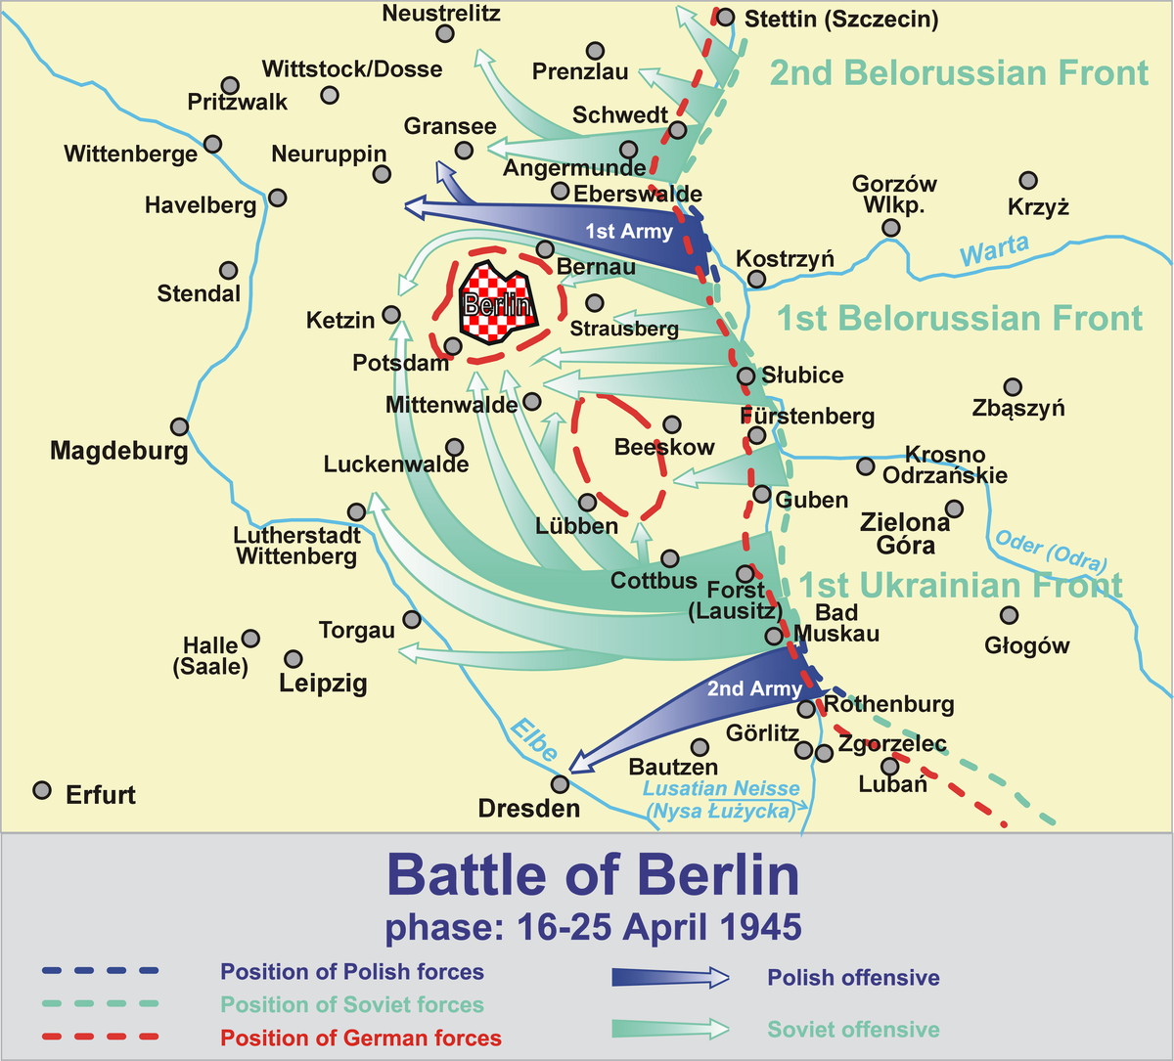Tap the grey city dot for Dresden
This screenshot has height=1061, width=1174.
pyautogui.click(x=560, y=784)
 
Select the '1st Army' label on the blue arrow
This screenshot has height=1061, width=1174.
pyautogui.click(x=629, y=232)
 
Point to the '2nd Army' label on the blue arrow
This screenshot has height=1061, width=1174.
pyautogui.click(x=754, y=688)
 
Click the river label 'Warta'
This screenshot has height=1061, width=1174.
pyautogui.click(x=994, y=250)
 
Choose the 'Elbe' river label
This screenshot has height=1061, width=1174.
pyautogui.click(x=533, y=740)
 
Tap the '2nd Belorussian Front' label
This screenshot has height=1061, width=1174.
pyautogui.click(x=959, y=73)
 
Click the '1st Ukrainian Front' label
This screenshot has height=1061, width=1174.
pyautogui.click(x=961, y=586)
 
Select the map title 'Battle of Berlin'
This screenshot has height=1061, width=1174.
pyautogui.click(x=593, y=875)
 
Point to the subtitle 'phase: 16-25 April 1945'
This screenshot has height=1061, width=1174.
pyautogui.click(x=593, y=926)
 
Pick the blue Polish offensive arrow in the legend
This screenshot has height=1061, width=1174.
pyautogui.click(x=670, y=977)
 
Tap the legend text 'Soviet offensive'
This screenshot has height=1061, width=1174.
pyautogui.click(x=853, y=1029)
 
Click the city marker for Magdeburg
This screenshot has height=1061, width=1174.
pyautogui.click(x=179, y=426)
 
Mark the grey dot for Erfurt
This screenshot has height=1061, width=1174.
pyautogui.click(x=42, y=790)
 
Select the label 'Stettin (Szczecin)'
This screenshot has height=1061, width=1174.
pyautogui.click(x=841, y=19)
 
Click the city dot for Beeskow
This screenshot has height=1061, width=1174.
pyautogui.click(x=671, y=424)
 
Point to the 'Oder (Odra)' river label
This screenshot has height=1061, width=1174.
pyautogui.click(x=1050, y=550)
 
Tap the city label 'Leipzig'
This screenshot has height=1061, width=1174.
pyautogui.click(x=323, y=683)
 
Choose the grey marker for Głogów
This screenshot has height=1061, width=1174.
pyautogui.click(x=1009, y=615)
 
